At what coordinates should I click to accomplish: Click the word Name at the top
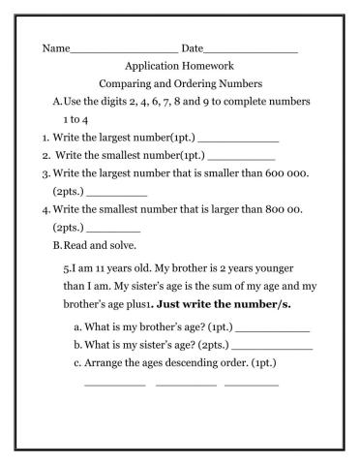(56, 48)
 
